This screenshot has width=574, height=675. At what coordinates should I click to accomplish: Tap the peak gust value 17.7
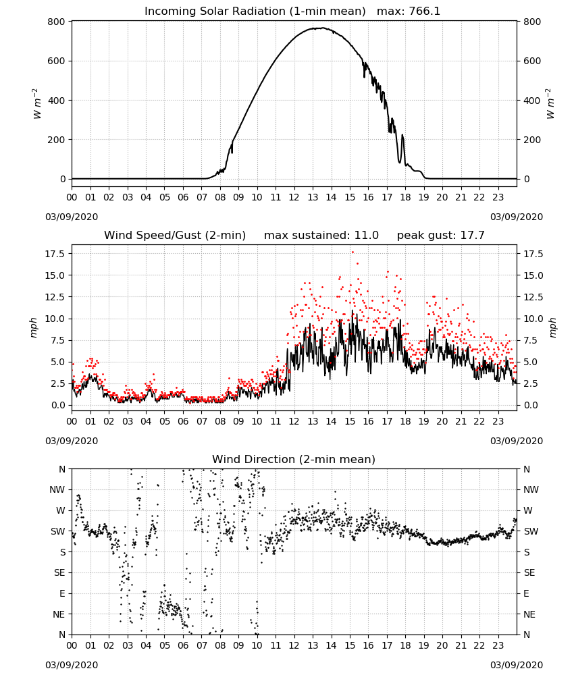(x=473, y=236)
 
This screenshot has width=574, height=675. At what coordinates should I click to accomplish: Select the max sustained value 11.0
(x=367, y=236)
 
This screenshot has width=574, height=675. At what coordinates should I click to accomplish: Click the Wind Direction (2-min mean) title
(x=294, y=459)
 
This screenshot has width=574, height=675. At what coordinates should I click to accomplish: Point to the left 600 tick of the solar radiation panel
(x=57, y=61)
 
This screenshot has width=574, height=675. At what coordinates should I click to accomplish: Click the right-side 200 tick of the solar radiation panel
(x=532, y=140)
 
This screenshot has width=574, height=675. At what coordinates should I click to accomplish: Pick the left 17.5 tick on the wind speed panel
(x=55, y=254)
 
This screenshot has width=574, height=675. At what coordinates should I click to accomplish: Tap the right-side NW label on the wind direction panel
(x=531, y=490)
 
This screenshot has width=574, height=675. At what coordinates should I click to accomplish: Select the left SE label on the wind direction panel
(x=59, y=572)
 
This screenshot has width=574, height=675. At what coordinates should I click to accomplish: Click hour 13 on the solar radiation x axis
(x=313, y=197)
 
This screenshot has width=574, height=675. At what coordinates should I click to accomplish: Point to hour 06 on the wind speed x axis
(x=183, y=421)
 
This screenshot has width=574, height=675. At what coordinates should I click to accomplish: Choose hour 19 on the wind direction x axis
(x=423, y=646)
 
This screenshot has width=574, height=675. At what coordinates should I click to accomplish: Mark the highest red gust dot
(x=353, y=252)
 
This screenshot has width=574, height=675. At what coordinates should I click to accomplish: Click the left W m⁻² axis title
(x=36, y=104)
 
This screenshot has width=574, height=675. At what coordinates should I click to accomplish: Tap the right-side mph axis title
(x=552, y=327)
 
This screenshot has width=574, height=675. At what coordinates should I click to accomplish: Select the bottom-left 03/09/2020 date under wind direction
(x=72, y=665)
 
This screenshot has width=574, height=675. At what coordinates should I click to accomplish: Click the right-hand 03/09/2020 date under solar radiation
(x=517, y=217)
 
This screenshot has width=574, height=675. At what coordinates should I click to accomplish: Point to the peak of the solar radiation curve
(x=322, y=28)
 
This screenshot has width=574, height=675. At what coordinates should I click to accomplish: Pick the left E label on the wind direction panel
(x=62, y=593)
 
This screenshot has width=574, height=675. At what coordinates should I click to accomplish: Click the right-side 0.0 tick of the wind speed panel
(x=531, y=405)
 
